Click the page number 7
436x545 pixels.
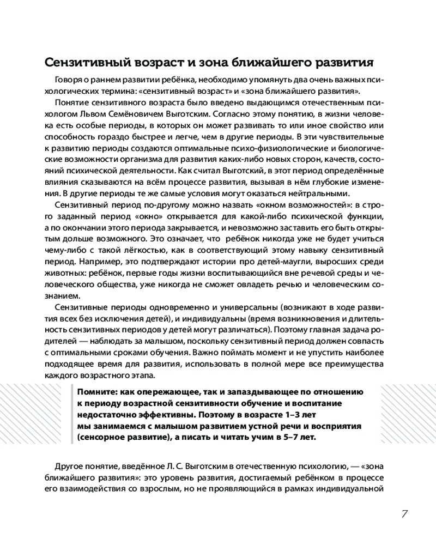404,514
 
